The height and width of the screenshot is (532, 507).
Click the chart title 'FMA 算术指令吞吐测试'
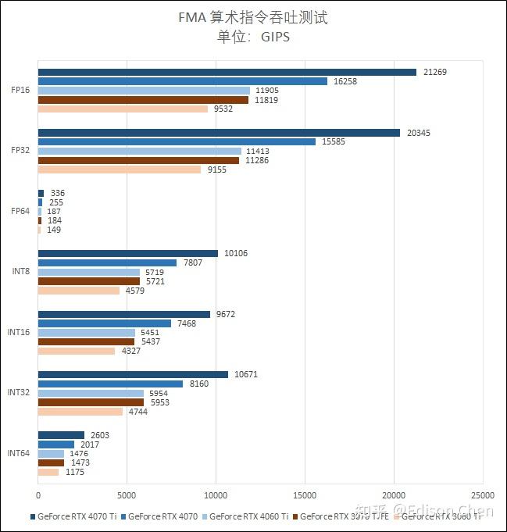tap(252, 17)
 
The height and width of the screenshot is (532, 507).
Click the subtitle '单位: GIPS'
tap(252, 36)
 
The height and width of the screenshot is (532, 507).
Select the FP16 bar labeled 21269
tap(227, 73)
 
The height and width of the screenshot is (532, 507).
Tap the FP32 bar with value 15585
tap(177, 141)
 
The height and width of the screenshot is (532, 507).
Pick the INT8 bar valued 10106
tap(128, 253)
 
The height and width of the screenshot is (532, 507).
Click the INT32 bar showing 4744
tap(80, 412)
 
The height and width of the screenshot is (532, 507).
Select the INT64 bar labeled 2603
tap(61, 435)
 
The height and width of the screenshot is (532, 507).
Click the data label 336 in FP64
tap(58, 193)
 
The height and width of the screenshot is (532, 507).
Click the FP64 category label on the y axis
tap(20, 211)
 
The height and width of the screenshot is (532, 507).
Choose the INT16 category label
tap(19, 332)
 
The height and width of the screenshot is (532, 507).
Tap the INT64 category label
tap(19, 453)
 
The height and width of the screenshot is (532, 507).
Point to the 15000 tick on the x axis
tap(305, 495)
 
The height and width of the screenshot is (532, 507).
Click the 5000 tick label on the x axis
tap(127, 495)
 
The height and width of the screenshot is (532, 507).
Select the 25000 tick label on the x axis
tap(482, 495)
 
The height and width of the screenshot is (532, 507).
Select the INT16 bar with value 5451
tap(86, 333)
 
